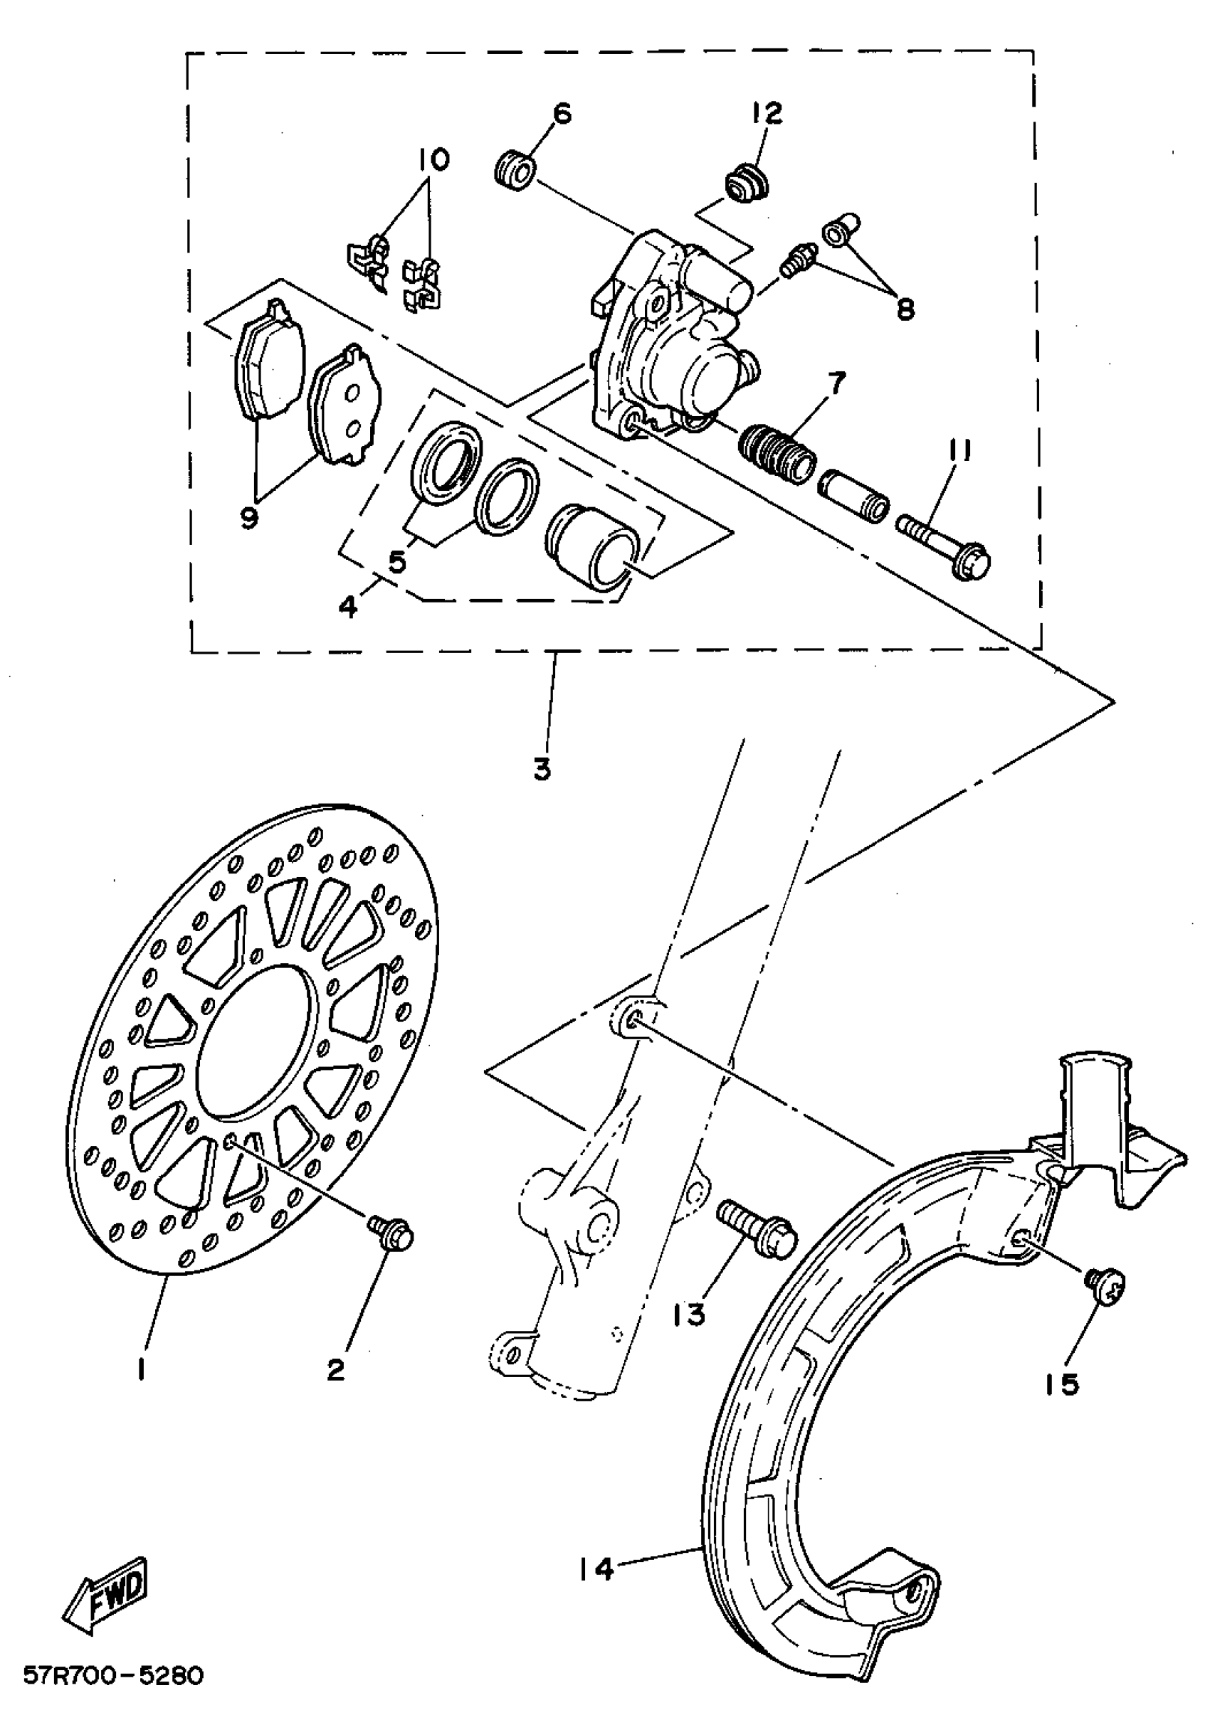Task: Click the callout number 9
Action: tap(249, 517)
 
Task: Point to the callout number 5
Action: tap(397, 561)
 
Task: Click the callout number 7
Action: tap(836, 384)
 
